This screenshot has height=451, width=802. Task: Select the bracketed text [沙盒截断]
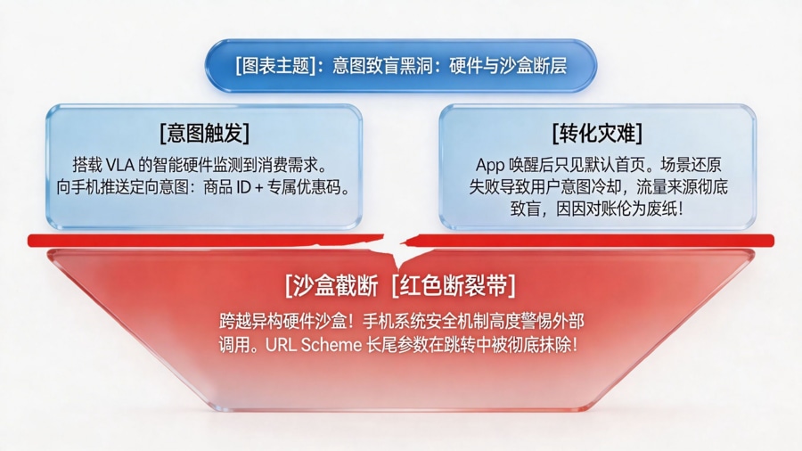click(x=331, y=287)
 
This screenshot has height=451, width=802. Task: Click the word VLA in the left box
click(x=125, y=165)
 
